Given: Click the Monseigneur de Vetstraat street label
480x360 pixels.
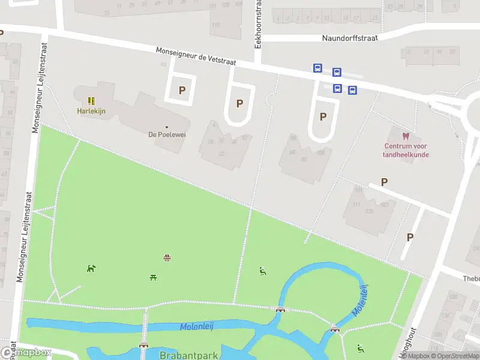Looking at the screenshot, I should tap(196, 57).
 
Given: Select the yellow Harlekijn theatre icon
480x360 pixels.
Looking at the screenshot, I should tap(91, 101).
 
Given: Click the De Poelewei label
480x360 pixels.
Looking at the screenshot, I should tap(167, 134).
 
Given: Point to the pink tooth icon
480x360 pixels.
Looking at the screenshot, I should tap(406, 136).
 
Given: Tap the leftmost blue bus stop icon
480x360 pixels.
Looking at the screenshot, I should tap(317, 68).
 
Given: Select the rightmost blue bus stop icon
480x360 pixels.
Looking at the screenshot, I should tap(353, 91).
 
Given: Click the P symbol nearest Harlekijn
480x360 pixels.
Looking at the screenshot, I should tap(181, 91).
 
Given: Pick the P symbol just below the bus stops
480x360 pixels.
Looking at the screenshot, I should tap(323, 116).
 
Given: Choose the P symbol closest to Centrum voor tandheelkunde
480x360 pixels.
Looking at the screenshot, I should tap(385, 182).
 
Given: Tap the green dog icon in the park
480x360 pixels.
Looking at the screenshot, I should tap(91, 268).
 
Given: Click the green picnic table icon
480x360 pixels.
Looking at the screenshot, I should tap(154, 277).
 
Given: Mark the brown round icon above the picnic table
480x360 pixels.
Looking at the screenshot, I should tap(167, 258).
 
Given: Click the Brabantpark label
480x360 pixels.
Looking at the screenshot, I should tap(188, 355).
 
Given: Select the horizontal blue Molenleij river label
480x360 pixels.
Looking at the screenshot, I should tap(197, 326).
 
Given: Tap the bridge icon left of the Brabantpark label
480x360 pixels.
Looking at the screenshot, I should tap(143, 345).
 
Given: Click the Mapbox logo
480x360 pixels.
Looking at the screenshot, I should tap(26, 353).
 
